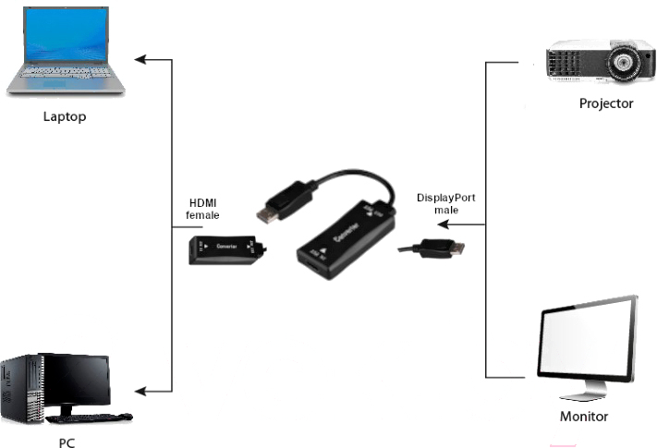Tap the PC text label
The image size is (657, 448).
pyautogui.click(x=67, y=442)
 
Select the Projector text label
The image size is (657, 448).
pyautogui.click(x=606, y=103)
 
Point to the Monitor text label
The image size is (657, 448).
pyautogui.click(x=584, y=417)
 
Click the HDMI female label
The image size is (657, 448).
pyautogui.click(x=204, y=209)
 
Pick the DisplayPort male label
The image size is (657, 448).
pyautogui.click(x=446, y=203)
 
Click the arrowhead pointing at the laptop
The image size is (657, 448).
pyautogui.click(x=140, y=60)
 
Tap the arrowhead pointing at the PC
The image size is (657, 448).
pyautogui.click(x=140, y=387)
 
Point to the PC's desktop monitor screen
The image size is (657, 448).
pyautogui.click(x=79, y=381)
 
